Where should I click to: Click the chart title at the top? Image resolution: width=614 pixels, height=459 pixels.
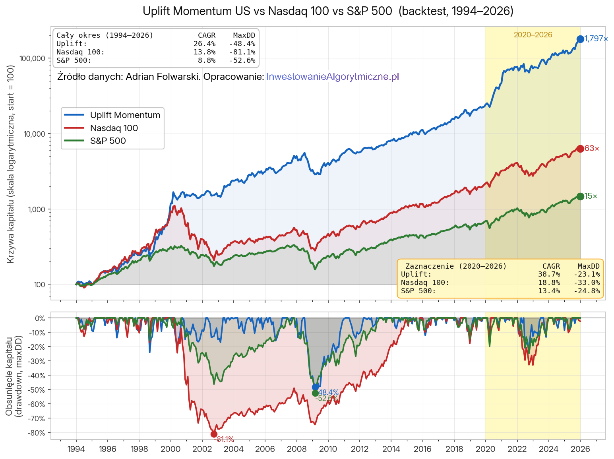(328, 11)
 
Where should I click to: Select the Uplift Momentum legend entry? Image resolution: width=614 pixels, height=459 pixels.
(125, 115)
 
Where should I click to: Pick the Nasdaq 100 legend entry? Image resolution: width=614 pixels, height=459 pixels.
(114, 128)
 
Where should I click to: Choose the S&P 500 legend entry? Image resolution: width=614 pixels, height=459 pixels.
(108, 141)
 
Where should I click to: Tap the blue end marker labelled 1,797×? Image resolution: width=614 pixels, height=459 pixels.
(580, 39)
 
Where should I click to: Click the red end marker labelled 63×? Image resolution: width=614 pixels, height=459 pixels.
(580, 149)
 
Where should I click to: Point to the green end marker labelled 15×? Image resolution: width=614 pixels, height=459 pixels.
(580, 196)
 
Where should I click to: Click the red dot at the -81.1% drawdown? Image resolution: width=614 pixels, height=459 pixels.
(214, 434)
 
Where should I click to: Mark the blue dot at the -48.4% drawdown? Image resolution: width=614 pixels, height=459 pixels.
(316, 387)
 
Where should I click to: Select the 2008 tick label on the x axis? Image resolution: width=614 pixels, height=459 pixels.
(296, 449)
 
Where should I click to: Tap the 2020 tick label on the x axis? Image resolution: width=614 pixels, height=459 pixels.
(485, 449)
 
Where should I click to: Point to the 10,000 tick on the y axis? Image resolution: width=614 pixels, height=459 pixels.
(35, 134)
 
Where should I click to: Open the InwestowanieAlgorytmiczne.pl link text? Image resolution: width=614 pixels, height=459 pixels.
(332, 77)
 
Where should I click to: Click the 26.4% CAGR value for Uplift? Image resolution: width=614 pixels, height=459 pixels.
(204, 44)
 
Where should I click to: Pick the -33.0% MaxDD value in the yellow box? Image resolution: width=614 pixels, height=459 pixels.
(587, 283)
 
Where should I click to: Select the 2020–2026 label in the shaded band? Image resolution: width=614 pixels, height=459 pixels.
(533, 35)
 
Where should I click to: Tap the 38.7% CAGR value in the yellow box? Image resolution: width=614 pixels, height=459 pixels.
(549, 274)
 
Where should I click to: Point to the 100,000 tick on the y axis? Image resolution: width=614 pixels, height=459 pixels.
(33, 58)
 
